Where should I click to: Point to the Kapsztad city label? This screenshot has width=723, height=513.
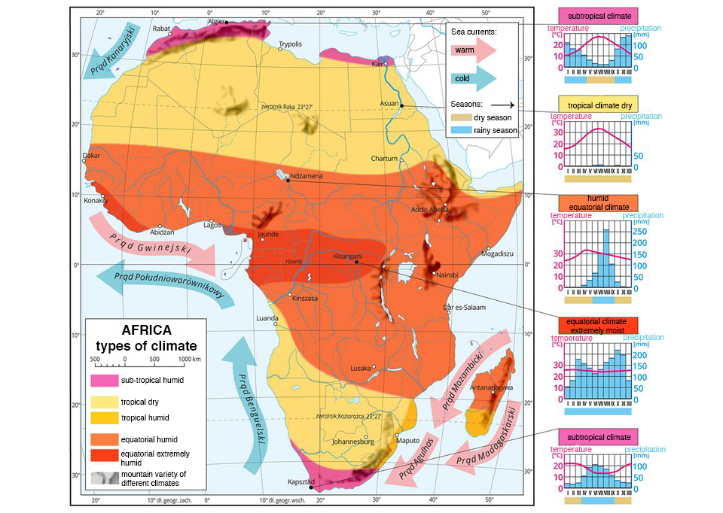point(300,481)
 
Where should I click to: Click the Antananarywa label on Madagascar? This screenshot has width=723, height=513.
point(491,387)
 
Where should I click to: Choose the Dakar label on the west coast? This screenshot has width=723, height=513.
point(91,156)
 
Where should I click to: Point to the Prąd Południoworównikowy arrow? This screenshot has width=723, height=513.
point(166,284)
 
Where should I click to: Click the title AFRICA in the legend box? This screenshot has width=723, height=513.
point(146,330)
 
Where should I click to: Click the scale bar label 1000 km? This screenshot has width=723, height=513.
point(188,360)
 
